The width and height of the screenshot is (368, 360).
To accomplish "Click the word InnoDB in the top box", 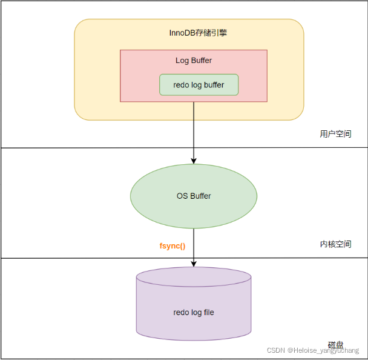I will [180, 33].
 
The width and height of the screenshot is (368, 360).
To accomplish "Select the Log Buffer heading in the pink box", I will [194, 61].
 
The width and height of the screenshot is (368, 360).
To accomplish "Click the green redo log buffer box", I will [199, 85].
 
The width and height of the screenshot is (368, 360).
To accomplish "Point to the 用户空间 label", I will [335, 134].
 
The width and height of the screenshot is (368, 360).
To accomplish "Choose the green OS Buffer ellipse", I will [194, 196].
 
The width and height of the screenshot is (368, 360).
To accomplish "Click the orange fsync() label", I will [172, 246].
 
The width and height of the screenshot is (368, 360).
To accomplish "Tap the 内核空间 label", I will [335, 244].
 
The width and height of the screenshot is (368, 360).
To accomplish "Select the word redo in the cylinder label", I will [182, 313].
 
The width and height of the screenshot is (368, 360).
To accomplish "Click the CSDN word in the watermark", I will [275, 350].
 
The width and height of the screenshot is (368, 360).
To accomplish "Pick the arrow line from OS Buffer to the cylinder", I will [194, 242].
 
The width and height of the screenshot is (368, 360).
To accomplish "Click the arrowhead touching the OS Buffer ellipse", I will [194, 161].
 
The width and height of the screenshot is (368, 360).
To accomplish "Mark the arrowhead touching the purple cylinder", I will [194, 264].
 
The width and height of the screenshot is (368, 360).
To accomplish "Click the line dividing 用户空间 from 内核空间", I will [91, 148].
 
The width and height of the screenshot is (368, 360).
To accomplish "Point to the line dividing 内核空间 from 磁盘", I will [91, 258].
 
